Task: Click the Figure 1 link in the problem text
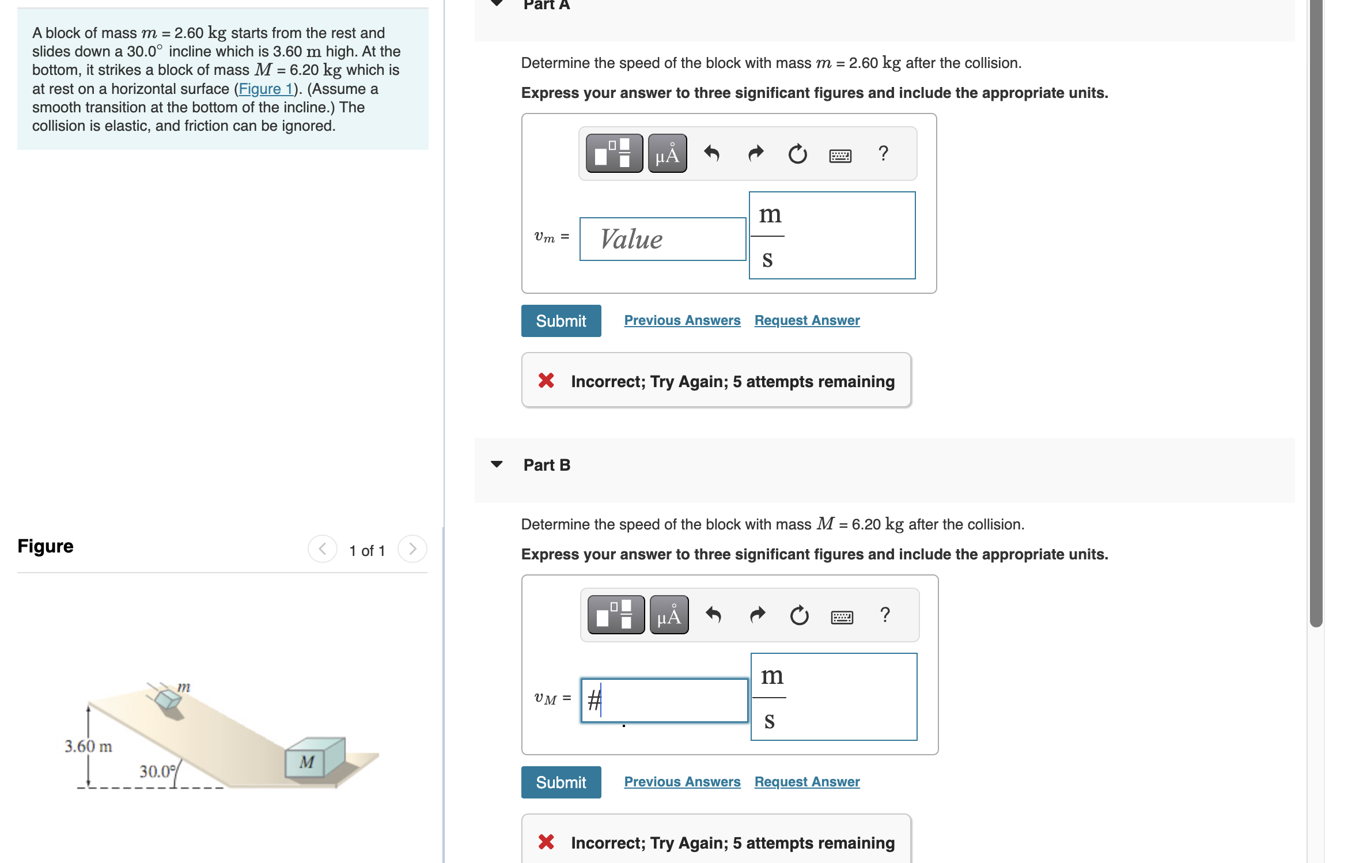(x=266, y=89)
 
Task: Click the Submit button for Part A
(x=561, y=321)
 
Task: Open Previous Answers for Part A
(x=682, y=320)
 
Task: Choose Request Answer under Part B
(x=807, y=782)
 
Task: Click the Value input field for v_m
(x=662, y=239)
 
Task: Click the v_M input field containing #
(x=664, y=701)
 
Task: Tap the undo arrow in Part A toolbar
(x=712, y=154)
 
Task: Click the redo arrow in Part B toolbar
(x=758, y=615)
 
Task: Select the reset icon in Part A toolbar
(x=798, y=154)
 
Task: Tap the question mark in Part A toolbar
(x=883, y=153)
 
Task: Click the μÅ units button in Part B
(x=669, y=615)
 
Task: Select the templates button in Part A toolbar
(x=614, y=154)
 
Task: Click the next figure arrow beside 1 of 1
(x=412, y=549)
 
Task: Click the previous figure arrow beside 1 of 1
(x=323, y=549)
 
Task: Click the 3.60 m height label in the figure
(x=88, y=747)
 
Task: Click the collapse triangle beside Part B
(x=497, y=464)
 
